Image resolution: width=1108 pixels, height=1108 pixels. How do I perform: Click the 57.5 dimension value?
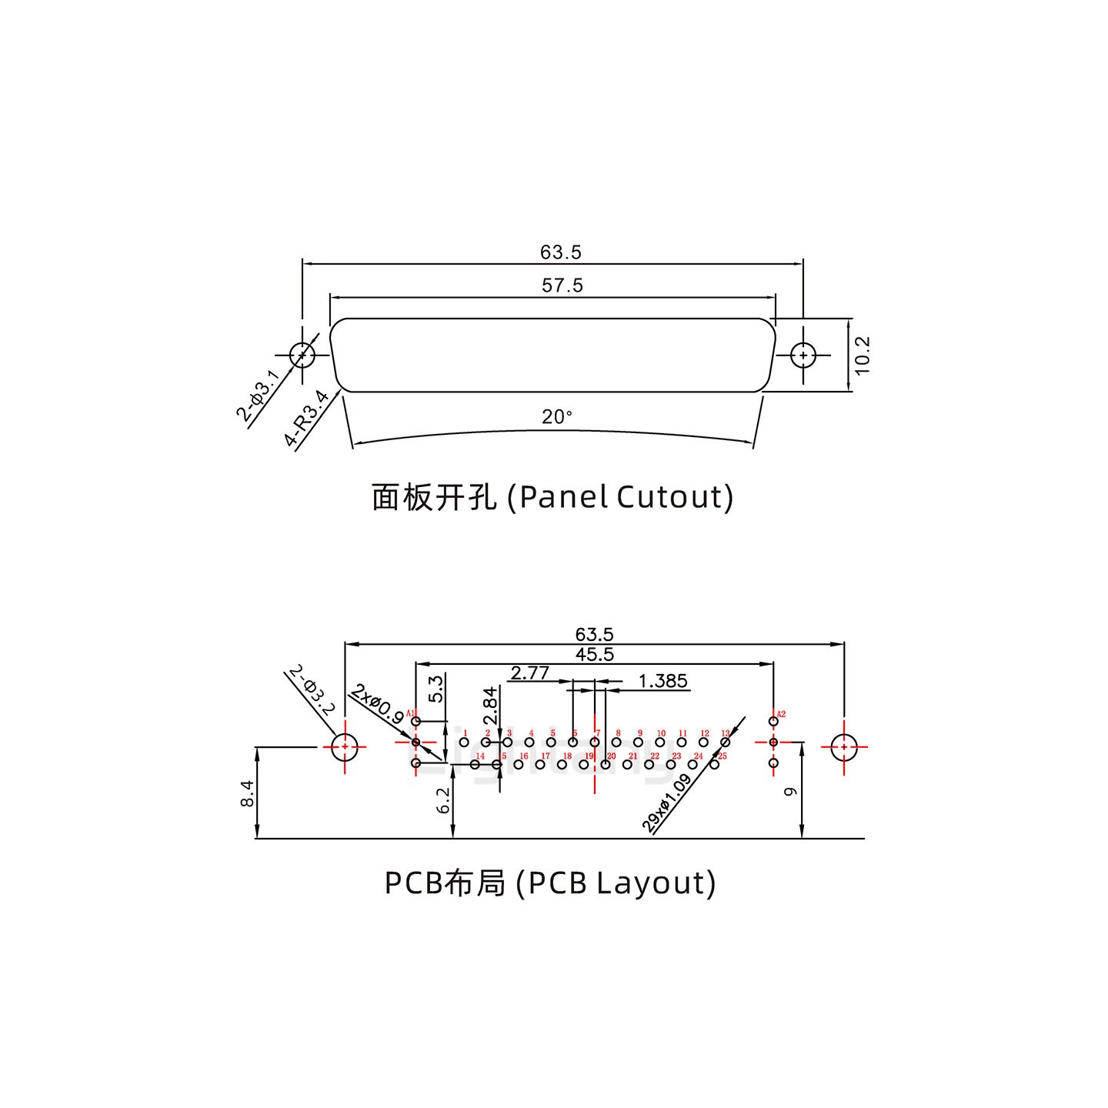[x=562, y=285]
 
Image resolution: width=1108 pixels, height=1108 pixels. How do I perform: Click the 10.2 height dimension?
[x=863, y=355]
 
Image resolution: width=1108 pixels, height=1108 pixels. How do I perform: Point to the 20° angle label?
[x=556, y=417]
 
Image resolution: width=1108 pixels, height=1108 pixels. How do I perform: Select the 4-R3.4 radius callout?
[x=305, y=419]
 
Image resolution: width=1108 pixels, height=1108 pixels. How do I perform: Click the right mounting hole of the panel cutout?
[x=803, y=355]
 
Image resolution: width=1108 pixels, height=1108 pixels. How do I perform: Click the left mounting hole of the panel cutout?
[x=302, y=355]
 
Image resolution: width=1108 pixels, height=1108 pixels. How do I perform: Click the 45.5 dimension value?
[x=594, y=654]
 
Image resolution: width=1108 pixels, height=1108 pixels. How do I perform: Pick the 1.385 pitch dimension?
[x=662, y=681]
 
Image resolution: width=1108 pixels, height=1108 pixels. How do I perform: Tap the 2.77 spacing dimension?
[x=529, y=673]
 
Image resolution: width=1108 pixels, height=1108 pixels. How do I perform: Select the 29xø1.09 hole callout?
[x=667, y=803]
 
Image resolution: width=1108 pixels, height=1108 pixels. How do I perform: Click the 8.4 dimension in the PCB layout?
[x=246, y=793]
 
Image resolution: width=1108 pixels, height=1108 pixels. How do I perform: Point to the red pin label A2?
[x=781, y=714]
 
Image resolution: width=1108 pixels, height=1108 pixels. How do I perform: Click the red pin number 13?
[x=725, y=733]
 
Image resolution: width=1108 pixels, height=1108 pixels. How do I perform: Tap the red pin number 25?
[x=722, y=756]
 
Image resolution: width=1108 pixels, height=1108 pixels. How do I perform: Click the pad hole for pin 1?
[x=464, y=743]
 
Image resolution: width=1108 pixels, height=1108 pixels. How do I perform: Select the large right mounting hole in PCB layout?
[x=844, y=746]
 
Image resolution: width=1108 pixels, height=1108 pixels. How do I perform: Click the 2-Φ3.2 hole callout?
[x=312, y=690]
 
